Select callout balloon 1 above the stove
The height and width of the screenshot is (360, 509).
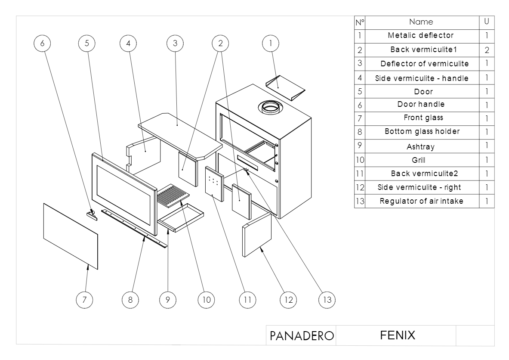tap(270, 43)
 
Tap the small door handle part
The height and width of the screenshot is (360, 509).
tap(91, 214)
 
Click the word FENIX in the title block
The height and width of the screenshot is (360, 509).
tap(398, 335)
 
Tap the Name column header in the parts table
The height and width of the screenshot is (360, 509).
tap(421, 22)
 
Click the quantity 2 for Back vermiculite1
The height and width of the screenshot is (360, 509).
tap(487, 50)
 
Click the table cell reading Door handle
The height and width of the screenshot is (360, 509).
tap(421, 104)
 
